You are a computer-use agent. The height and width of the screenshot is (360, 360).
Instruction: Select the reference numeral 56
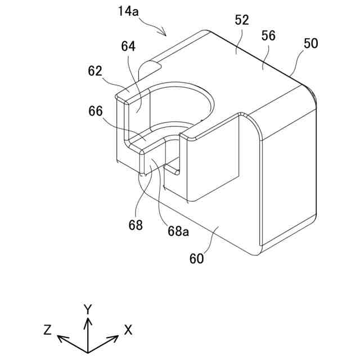coord(268,35)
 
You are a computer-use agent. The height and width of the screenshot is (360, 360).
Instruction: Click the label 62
coord(95,71)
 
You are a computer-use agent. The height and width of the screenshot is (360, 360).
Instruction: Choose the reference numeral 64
coord(128,47)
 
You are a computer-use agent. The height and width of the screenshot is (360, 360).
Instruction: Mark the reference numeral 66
coord(95,111)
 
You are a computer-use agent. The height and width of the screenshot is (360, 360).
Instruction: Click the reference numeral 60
coord(196,259)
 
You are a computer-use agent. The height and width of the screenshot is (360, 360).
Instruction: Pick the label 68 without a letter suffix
coord(136,225)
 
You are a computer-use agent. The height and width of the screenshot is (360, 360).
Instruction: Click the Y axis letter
coord(87,309)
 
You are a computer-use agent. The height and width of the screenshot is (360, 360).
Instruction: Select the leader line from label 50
coord(299,62)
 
